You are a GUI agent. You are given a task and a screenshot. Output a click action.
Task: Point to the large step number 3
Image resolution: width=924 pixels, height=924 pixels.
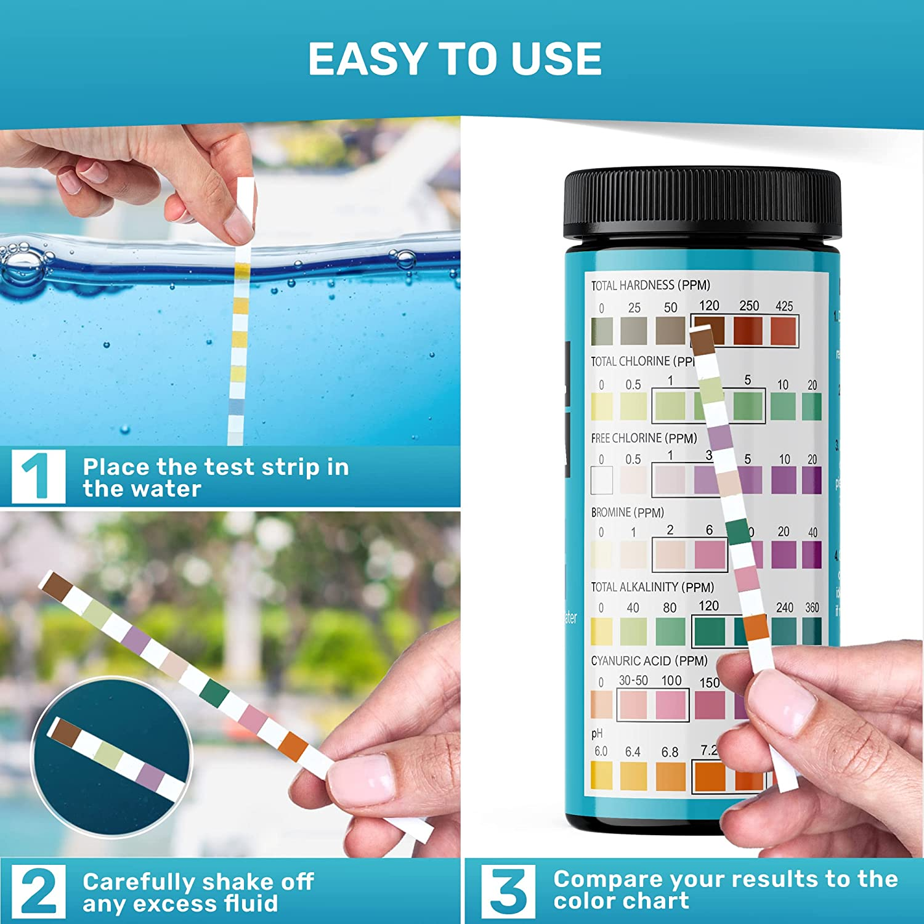[x=508, y=890]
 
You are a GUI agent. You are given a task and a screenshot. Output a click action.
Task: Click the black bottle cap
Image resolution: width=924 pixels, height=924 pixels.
[x=702, y=206]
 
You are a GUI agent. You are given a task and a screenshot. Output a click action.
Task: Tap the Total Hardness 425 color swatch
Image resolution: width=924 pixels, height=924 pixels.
[x=784, y=331]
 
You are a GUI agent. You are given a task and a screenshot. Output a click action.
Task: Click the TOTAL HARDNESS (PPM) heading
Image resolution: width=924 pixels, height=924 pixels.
[x=650, y=285]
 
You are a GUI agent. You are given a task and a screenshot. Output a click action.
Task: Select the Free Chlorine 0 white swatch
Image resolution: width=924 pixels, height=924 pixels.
[x=602, y=480]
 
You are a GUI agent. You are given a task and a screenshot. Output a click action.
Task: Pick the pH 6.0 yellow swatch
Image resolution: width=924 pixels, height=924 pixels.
[x=601, y=776]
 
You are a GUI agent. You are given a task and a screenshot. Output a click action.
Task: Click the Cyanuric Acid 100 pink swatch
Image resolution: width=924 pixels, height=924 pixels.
[x=671, y=704]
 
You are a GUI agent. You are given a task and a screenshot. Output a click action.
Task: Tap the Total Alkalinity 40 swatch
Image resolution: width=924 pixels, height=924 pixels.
[x=633, y=631]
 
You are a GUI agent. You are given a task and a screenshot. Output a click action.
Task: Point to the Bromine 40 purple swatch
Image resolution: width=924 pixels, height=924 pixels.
[x=812, y=554]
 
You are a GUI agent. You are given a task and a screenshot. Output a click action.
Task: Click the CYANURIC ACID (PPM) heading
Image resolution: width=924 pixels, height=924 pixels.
[x=649, y=661]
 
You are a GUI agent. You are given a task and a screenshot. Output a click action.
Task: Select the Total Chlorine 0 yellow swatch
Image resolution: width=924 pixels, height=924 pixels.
[x=602, y=406]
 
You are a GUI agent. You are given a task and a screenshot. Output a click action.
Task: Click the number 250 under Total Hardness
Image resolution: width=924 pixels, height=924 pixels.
[x=749, y=306]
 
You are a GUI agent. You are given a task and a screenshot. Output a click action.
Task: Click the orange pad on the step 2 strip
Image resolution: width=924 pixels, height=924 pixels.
[x=292, y=745]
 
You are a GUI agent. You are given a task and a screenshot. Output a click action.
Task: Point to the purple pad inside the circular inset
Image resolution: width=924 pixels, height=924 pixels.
[x=150, y=776]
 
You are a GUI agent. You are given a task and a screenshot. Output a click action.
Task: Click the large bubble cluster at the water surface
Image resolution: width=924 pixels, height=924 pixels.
[x=22, y=262]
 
